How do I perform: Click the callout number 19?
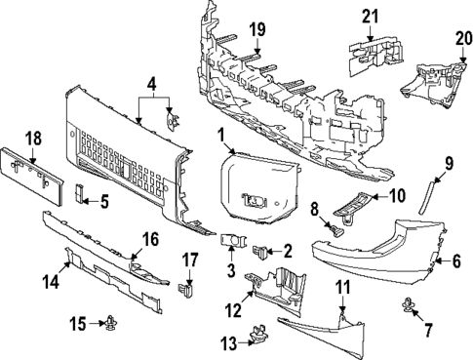(x=257, y=30)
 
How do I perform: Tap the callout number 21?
(x=371, y=17)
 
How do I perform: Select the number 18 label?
(x=34, y=139)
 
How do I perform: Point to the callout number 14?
(x=52, y=281)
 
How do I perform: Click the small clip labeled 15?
(x=111, y=322)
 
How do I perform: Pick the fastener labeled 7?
(x=407, y=304)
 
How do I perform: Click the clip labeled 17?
(x=185, y=290)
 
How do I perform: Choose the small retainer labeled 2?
(x=259, y=252)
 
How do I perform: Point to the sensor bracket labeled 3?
(x=234, y=241)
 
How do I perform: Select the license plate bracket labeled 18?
(x=31, y=177)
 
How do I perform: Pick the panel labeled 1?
(x=259, y=188)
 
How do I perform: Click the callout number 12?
(x=233, y=310)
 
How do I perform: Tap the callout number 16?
(x=149, y=239)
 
